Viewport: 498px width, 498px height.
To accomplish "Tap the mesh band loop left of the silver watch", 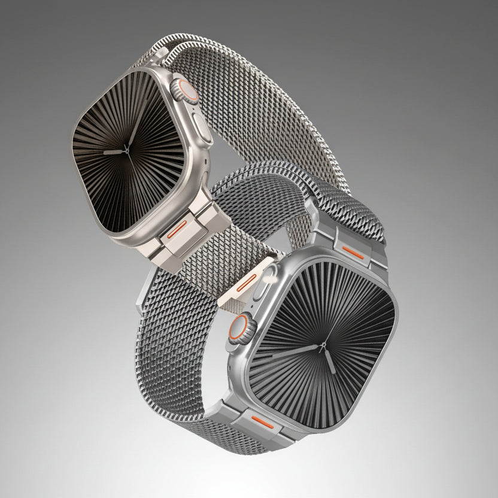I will pyautogui.click(x=180, y=335).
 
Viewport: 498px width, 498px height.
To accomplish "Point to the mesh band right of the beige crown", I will pyautogui.click(x=251, y=108).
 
